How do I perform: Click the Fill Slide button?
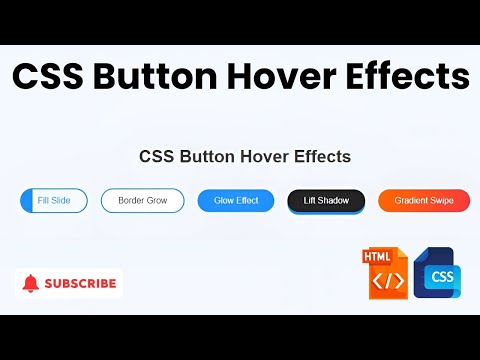(x=53, y=200)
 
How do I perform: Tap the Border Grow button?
(x=142, y=200)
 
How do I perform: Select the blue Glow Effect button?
(x=236, y=200)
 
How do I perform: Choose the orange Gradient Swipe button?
(x=424, y=200)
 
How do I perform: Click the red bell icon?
(x=30, y=283)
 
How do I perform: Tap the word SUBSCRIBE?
(x=80, y=283)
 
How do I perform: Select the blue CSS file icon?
(x=436, y=273)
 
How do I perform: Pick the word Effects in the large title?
(x=410, y=77)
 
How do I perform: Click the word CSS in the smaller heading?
(x=157, y=156)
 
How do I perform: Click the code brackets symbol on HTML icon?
(x=387, y=281)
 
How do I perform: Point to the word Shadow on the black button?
(x=334, y=200)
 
